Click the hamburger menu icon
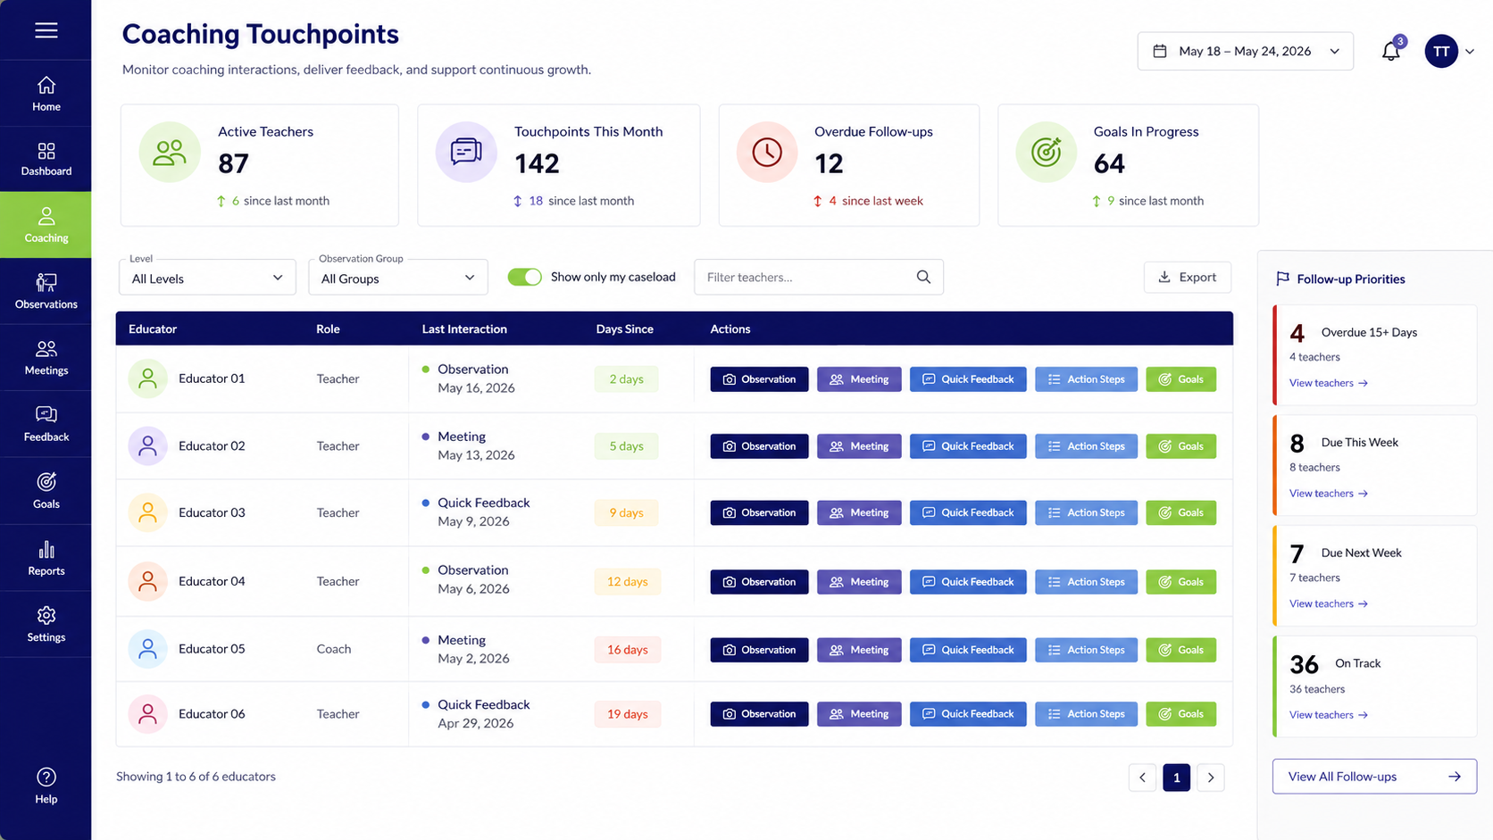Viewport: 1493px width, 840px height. (46, 30)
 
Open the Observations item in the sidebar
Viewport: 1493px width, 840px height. (46, 291)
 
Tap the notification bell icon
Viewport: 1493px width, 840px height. (1390, 51)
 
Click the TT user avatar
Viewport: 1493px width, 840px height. (1441, 51)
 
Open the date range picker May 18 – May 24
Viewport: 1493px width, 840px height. (1245, 51)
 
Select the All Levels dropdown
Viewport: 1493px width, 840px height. (207, 278)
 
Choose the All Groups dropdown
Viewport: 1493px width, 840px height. (398, 278)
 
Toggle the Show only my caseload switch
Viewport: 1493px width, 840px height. (524, 277)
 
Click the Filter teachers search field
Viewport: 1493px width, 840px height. (819, 277)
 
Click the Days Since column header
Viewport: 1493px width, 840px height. (624, 329)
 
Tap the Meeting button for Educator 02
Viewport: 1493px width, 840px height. (859, 446)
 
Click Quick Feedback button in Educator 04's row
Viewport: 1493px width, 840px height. (968, 582)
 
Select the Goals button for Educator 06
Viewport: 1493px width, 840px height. (1181, 714)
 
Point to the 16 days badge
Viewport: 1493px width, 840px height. (627, 650)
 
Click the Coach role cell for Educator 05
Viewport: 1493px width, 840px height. (334, 649)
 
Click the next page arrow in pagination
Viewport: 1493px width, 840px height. (1211, 778)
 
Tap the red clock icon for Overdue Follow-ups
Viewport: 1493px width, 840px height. (766, 153)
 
